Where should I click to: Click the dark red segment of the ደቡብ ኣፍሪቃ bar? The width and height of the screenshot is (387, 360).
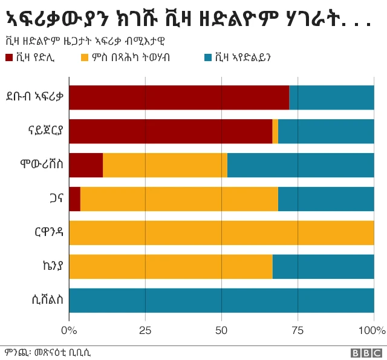[179, 97]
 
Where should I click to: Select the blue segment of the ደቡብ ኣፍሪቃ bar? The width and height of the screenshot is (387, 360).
[331, 97]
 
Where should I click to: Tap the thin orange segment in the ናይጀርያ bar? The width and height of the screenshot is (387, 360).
[275, 131]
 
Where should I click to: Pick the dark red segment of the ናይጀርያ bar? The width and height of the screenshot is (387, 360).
[171, 131]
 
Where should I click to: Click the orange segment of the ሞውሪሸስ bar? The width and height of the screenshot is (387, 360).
[165, 165]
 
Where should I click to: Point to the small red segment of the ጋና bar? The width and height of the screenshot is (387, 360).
[74, 199]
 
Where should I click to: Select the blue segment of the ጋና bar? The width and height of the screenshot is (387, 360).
[326, 199]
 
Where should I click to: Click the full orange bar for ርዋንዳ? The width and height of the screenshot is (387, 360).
[221, 233]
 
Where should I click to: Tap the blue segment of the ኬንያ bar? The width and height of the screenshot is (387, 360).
[323, 267]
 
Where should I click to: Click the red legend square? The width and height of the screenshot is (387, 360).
[9, 58]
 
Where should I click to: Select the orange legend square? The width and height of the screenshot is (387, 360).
[85, 58]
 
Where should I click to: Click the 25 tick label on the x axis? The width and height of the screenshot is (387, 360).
[145, 330]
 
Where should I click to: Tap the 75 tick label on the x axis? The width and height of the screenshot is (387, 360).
[298, 330]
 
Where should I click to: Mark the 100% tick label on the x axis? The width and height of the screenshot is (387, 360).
[371, 330]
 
